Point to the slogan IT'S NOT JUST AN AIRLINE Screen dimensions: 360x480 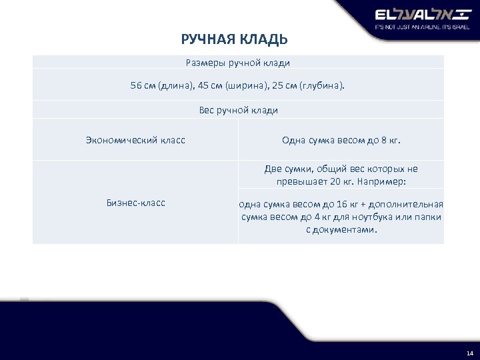pos(407,28)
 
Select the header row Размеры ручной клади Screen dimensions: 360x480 pos(238,63)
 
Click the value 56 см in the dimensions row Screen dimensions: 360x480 pos(142,85)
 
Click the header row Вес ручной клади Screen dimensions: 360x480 pos(238,110)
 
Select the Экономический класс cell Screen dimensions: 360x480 pos(135,140)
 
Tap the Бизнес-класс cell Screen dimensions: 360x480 pos(135,203)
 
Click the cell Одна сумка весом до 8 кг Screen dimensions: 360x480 pos(341,140)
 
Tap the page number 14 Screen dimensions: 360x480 pos(470,352)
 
